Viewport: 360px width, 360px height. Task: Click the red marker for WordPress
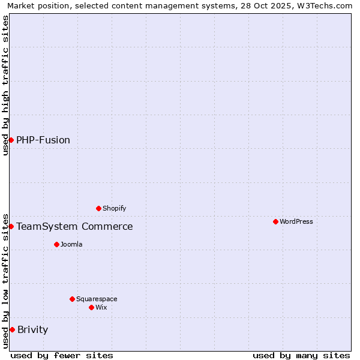275,221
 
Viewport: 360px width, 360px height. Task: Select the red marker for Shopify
98,208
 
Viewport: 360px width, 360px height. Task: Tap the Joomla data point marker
56,244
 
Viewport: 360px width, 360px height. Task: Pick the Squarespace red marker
72,299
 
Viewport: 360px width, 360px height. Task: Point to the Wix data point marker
91,307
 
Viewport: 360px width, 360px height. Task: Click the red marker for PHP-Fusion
11,140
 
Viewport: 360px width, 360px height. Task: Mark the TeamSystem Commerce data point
11,226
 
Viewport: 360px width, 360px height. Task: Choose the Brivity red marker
12,329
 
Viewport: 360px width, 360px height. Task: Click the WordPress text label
296,221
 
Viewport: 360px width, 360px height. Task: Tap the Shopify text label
115,208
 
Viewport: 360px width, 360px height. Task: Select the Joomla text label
71,244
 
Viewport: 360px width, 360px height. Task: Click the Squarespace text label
97,299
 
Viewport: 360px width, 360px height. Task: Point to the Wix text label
101,307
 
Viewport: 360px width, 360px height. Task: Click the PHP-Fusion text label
43,140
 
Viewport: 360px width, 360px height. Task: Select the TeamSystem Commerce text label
74,226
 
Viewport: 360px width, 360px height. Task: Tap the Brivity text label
33,329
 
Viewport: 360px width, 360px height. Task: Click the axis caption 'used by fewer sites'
62,355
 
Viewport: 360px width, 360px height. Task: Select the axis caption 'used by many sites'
301,355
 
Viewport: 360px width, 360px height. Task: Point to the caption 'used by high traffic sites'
5,85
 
